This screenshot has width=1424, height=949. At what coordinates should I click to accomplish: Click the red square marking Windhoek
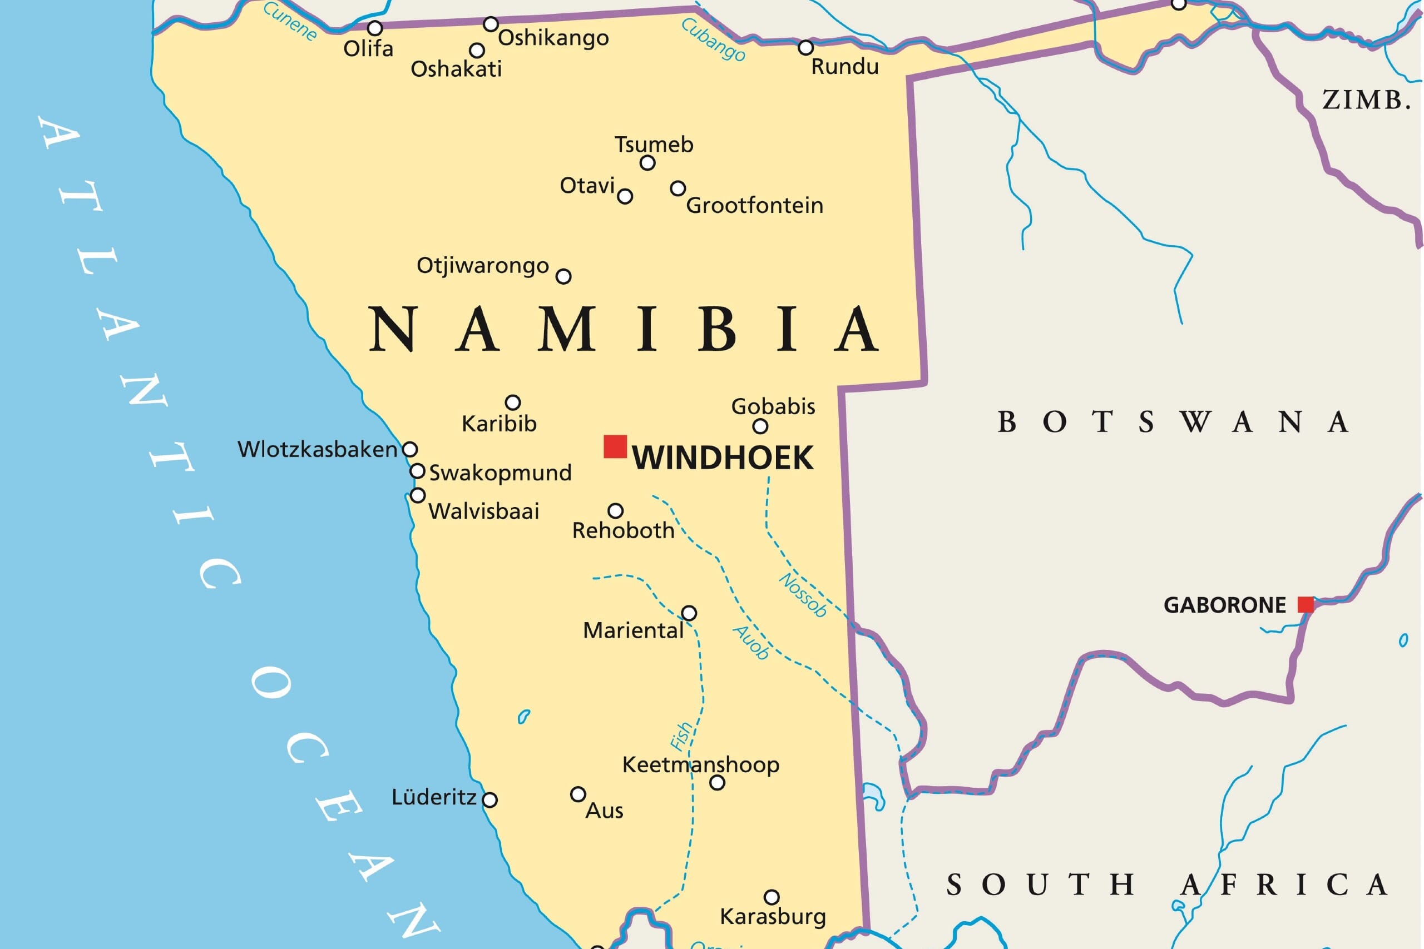pos(615,446)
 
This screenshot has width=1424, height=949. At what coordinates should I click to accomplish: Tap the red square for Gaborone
pos(1306,604)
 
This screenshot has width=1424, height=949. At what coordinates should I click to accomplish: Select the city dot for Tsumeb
pos(647,163)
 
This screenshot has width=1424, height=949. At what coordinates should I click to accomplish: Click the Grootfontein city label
pos(754,206)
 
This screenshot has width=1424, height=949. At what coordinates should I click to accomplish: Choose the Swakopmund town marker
pos(417,471)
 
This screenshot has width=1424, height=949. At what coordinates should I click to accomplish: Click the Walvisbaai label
pos(484,511)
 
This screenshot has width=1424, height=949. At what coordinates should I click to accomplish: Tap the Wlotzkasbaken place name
pos(317,449)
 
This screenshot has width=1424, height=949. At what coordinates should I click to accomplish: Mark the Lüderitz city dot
pos(490,800)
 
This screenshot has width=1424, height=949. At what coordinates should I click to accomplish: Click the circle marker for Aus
pos(578,794)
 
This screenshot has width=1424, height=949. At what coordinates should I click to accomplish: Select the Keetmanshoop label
pos(700,764)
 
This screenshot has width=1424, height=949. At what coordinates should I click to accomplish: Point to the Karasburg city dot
pos(772,896)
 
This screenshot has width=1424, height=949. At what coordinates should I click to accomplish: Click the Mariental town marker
pos(689,613)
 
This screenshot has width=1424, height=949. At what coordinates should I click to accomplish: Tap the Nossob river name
pos(803,594)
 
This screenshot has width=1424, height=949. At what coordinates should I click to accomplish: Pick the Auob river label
pos(751,642)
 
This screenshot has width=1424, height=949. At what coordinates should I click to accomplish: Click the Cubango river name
pos(713,39)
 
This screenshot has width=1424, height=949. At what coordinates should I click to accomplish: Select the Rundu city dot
pos(805,47)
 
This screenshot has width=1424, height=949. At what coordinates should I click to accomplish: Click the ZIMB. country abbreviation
pos(1367,100)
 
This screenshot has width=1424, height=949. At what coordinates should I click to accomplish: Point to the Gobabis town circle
pos(760,426)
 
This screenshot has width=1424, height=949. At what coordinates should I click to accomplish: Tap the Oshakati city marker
pos(477,50)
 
